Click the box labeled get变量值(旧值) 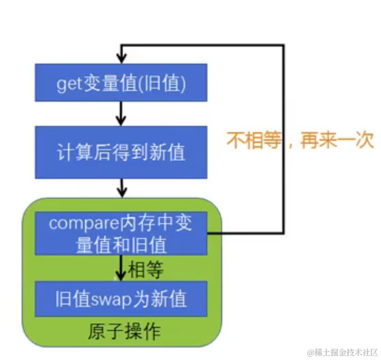point(121,83)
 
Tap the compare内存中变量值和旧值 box point(121,233)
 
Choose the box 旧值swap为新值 point(121,298)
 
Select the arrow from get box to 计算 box point(122,112)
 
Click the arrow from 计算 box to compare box point(122,186)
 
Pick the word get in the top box point(68,84)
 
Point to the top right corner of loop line point(284,45)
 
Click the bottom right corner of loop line point(284,233)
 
